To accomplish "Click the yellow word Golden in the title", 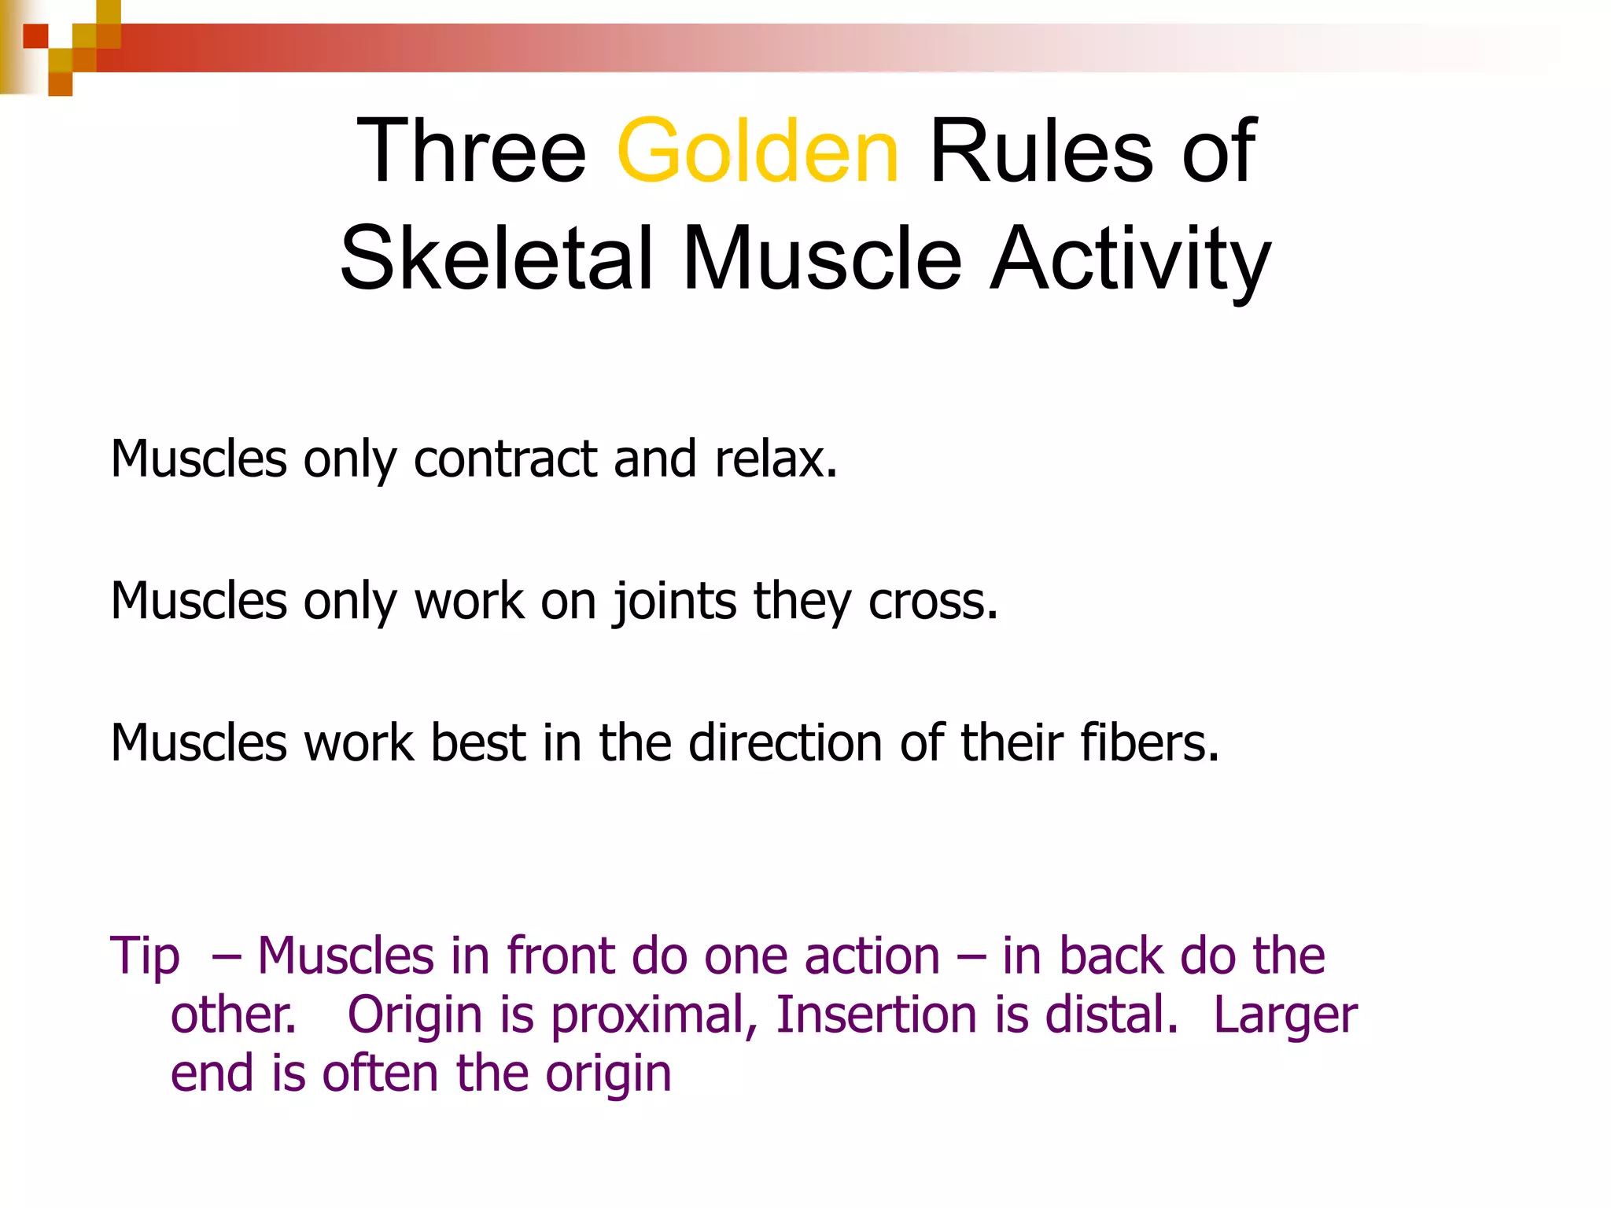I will pos(757,151).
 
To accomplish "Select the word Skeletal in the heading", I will pos(496,259).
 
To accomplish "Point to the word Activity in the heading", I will pos(1130,259).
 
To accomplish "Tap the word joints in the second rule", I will pos(674,602).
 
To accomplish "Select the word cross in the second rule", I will pos(932,602).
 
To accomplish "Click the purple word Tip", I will pos(145,957).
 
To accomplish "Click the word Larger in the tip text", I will pos(1285,1015).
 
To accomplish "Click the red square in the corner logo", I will pos(35,36).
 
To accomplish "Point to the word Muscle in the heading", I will pos(822,259).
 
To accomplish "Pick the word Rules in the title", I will pos(1040,151).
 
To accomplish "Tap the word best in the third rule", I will pos(477,743).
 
